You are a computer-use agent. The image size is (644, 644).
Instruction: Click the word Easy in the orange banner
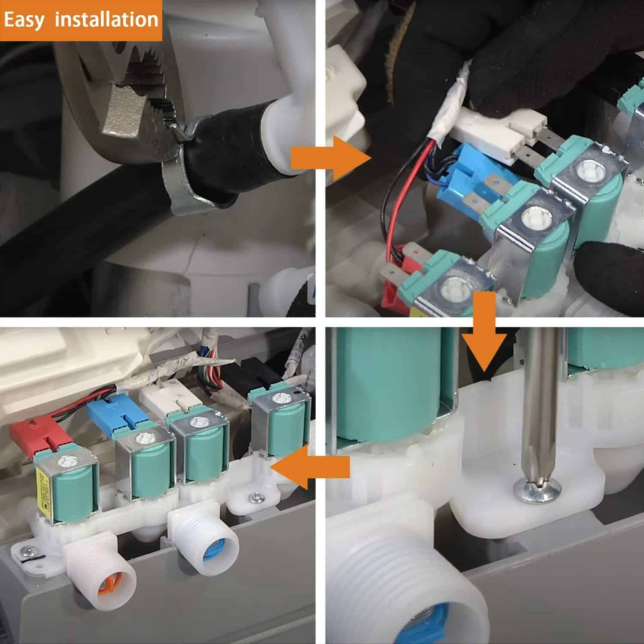coord(24,20)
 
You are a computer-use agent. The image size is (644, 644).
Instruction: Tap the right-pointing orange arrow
coord(331,158)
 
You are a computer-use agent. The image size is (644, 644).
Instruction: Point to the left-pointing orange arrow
coord(312,467)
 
